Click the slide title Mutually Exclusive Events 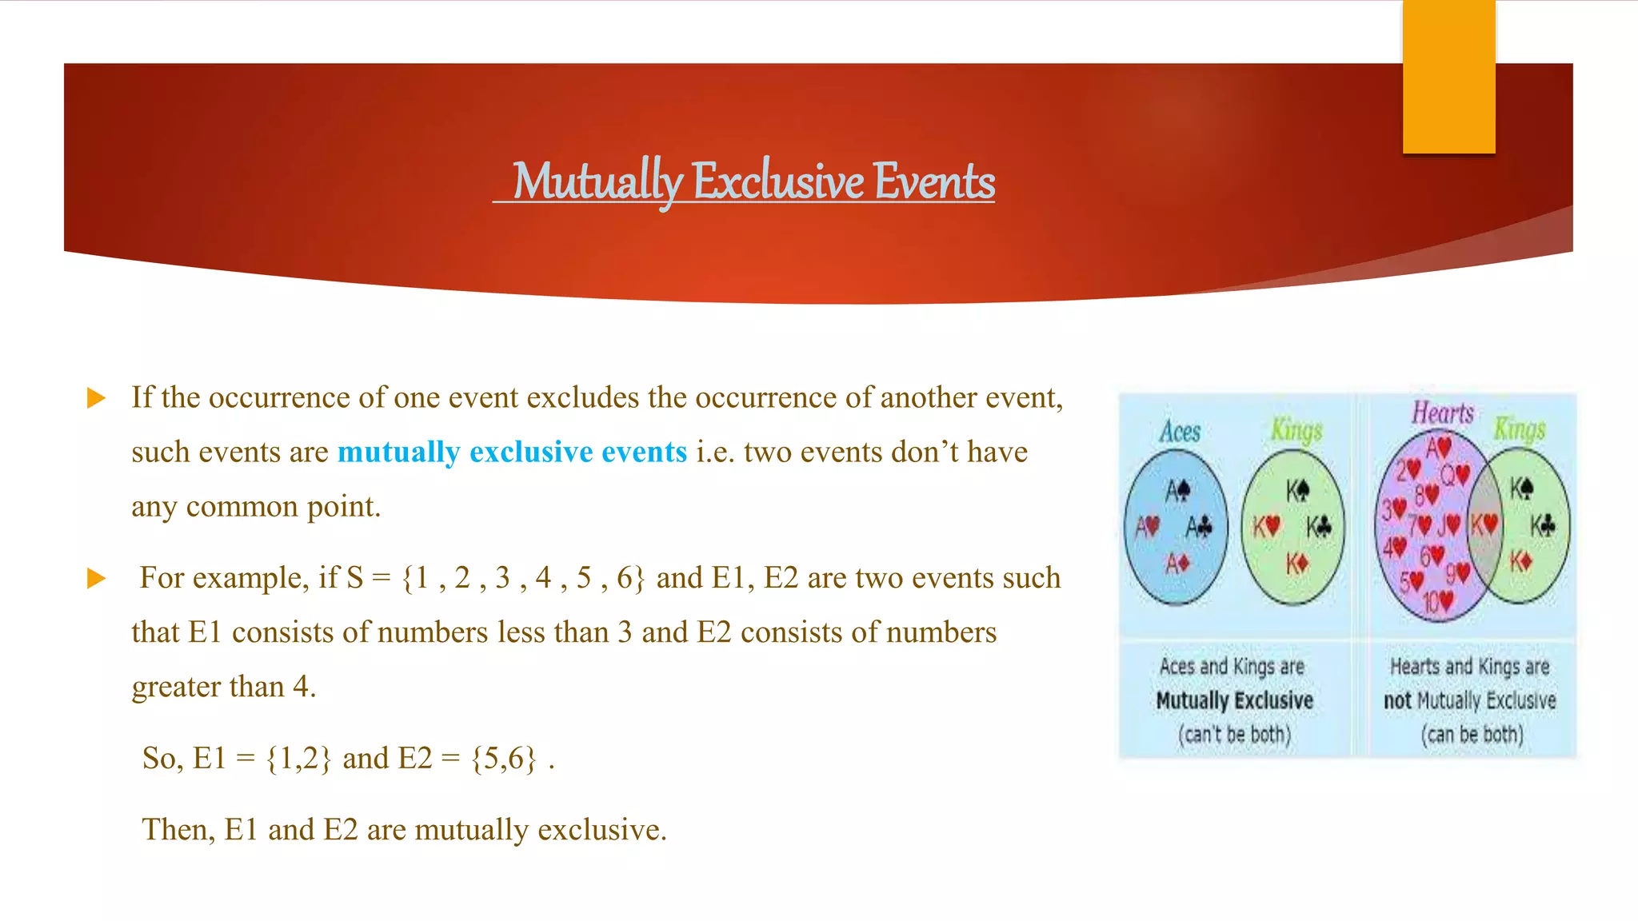[x=753, y=181]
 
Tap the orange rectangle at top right [x=1448, y=77]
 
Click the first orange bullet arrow [x=96, y=398]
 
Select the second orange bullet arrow [x=96, y=578]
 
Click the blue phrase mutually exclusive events [x=512, y=453]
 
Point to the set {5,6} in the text [x=504, y=758]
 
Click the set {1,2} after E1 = [x=298, y=758]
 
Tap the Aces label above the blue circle [x=1180, y=433]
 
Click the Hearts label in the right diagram [x=1442, y=413]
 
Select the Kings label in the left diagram [x=1296, y=431]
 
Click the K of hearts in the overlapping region [x=1484, y=525]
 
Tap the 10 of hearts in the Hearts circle [x=1437, y=601]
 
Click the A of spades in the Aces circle [x=1177, y=490]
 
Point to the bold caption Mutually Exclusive [x=1234, y=701]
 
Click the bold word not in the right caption [x=1397, y=701]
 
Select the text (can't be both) [x=1234, y=734]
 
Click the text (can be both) [x=1472, y=734]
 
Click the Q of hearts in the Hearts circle [x=1455, y=476]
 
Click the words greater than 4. [x=224, y=687]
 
